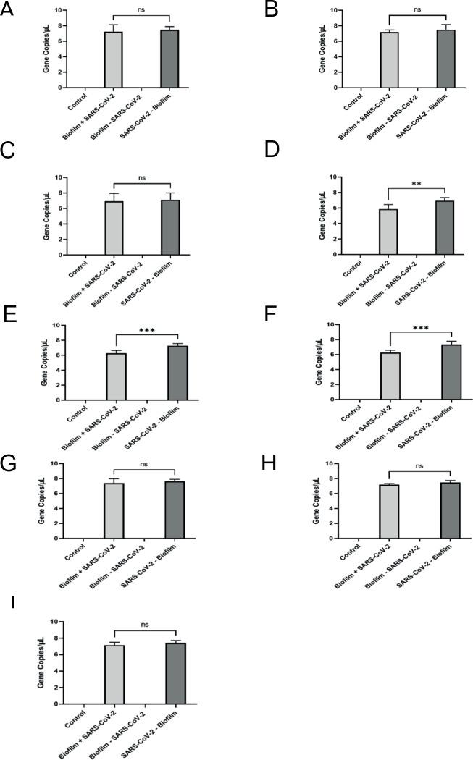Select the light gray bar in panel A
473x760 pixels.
click(113, 60)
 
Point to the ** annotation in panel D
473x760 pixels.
click(416, 184)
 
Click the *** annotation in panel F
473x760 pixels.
click(419, 329)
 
